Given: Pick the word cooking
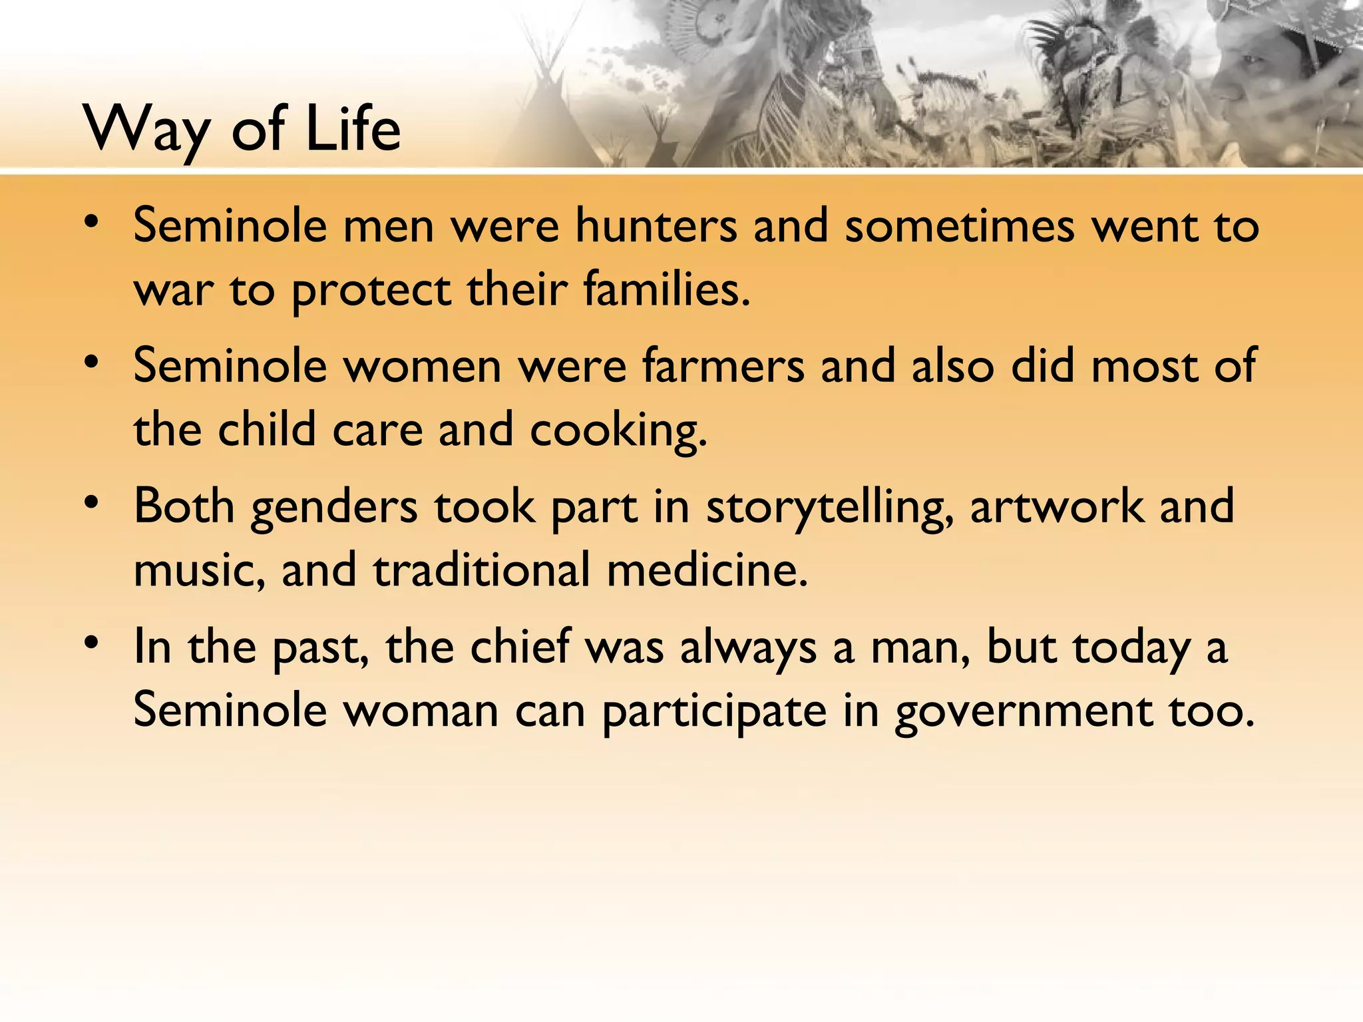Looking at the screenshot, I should point(618,431).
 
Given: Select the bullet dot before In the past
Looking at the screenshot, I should point(93,643).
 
